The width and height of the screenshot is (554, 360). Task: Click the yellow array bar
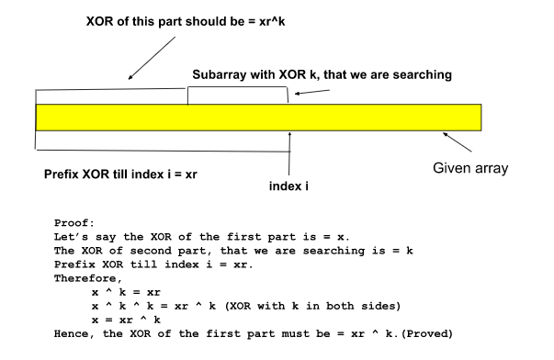(257, 117)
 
